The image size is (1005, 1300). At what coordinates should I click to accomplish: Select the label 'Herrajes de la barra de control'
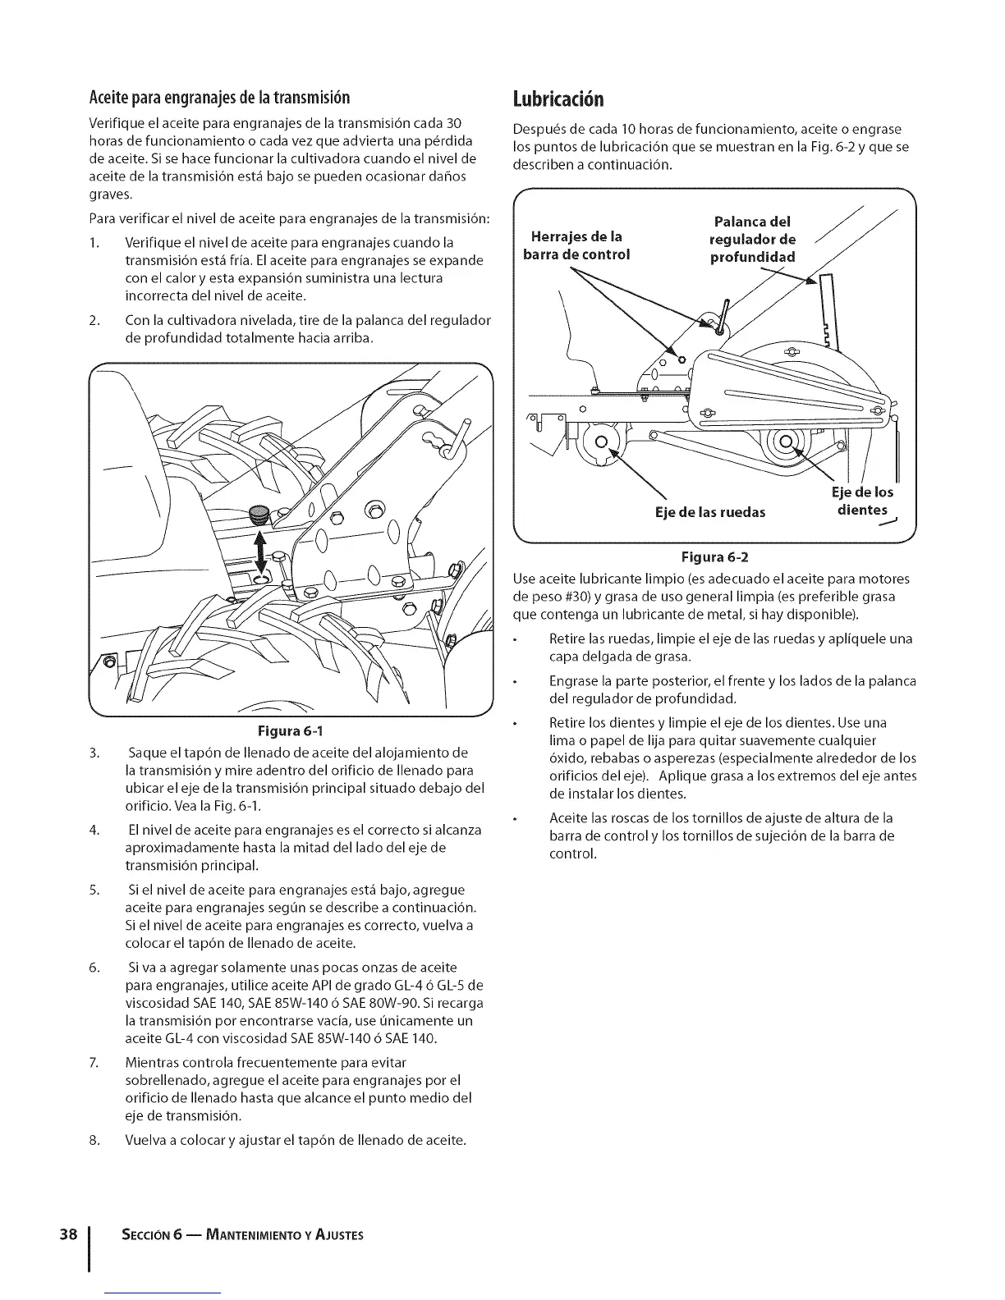coord(576,245)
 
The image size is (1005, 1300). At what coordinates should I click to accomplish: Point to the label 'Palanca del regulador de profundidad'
coord(752,239)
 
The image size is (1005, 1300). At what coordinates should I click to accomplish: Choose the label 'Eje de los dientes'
coord(862,501)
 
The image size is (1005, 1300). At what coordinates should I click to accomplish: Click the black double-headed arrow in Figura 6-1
coord(262,555)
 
